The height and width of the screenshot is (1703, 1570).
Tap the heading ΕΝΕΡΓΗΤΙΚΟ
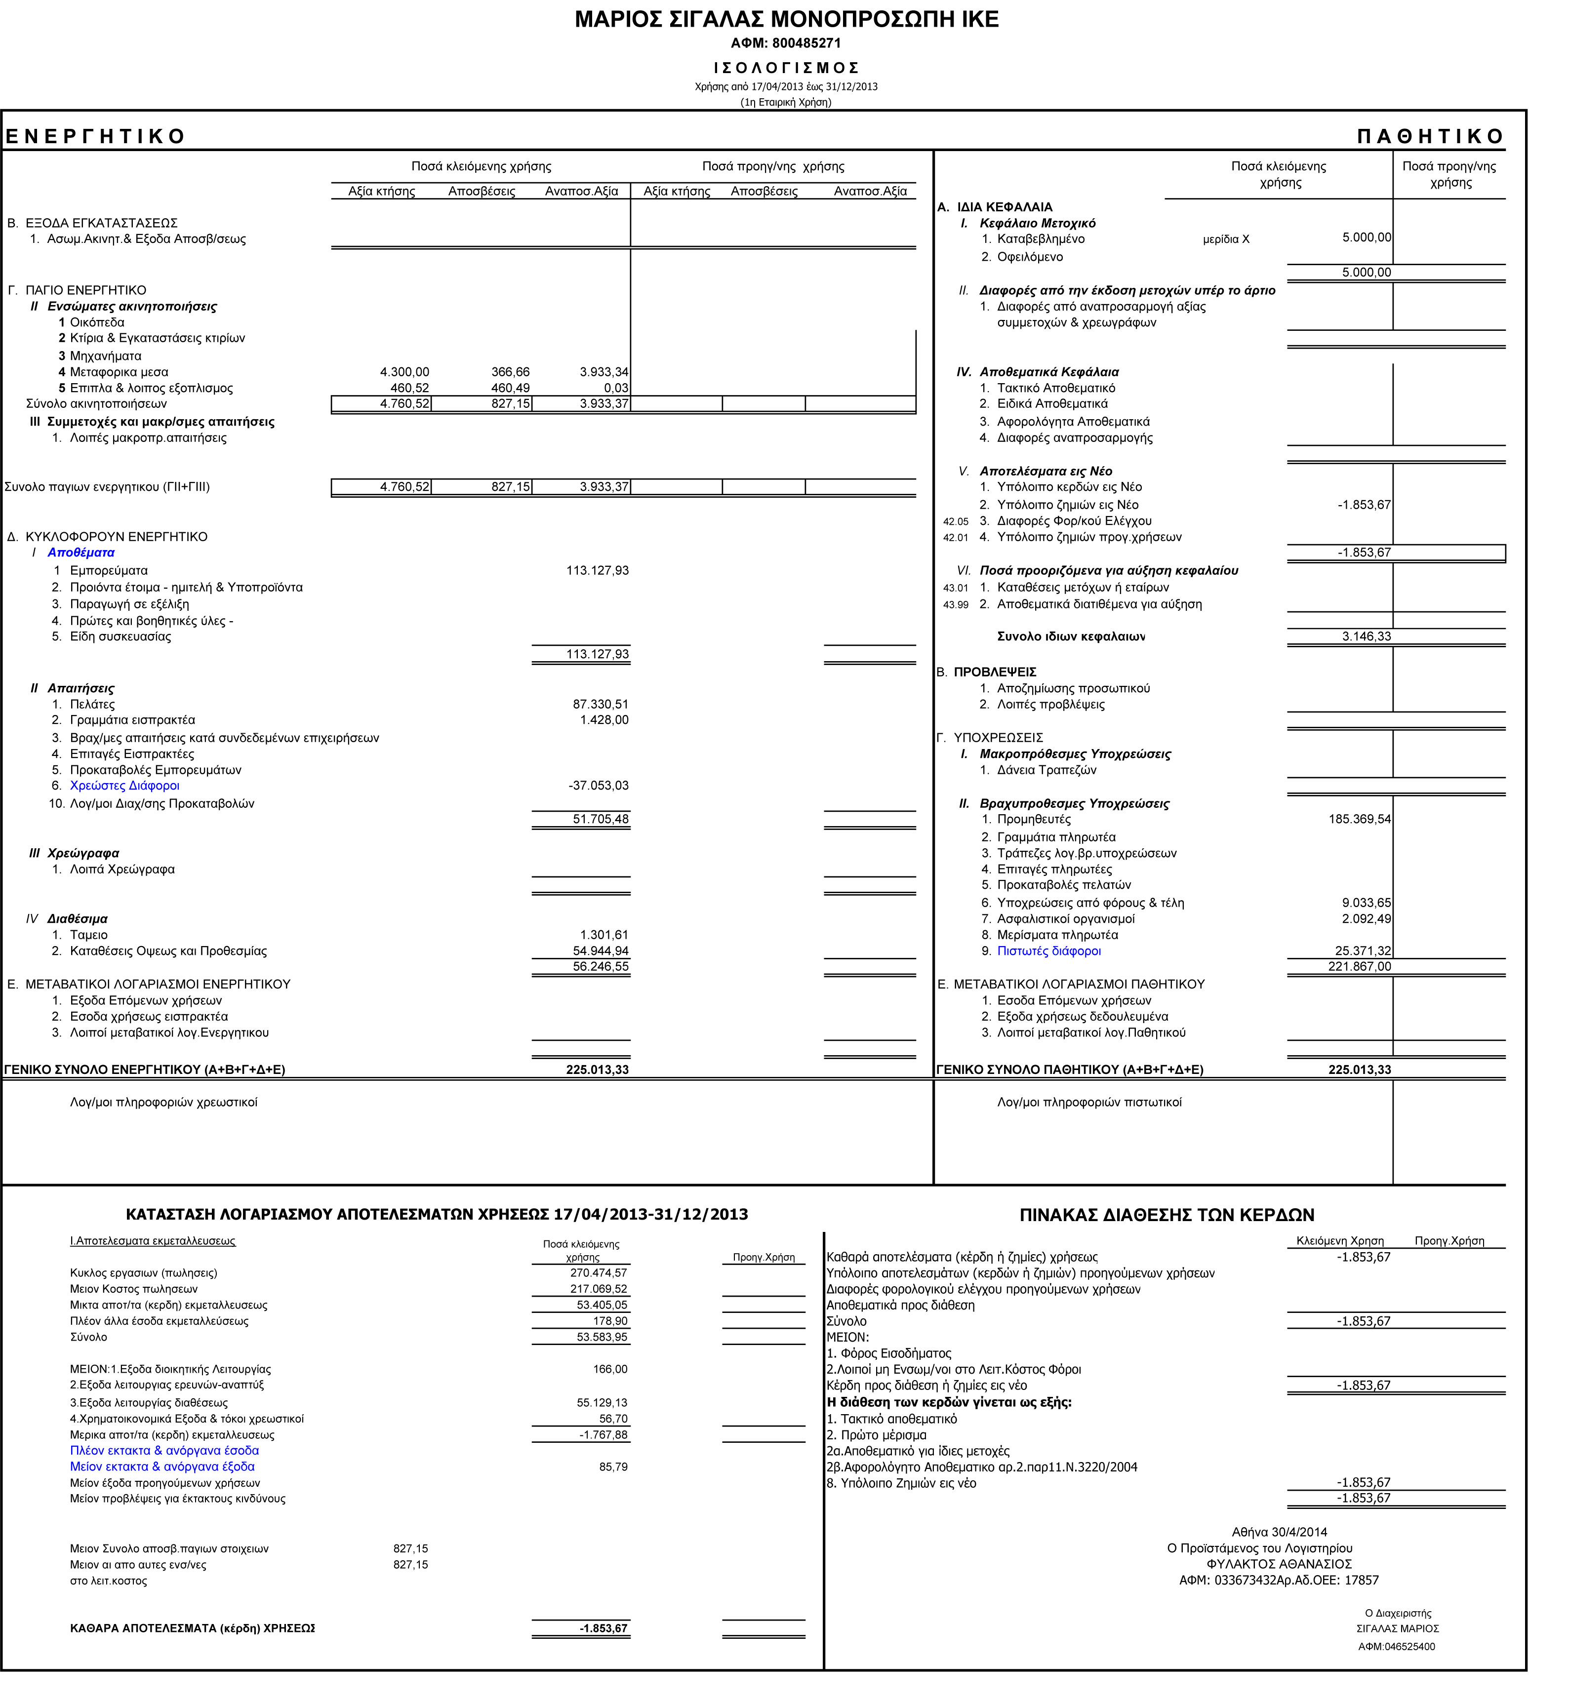(95, 137)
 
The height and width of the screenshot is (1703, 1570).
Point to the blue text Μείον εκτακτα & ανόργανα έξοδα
(162, 1467)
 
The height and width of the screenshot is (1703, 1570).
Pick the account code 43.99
(955, 605)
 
